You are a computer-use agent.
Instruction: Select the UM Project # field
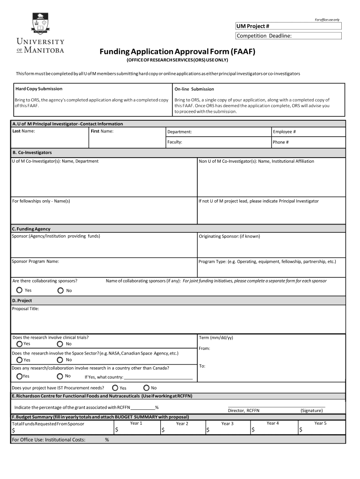pos(288,26)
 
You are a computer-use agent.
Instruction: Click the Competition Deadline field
pos(288,36)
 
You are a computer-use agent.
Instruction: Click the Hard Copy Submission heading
pos(39,88)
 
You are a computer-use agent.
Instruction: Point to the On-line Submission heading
pos(194,89)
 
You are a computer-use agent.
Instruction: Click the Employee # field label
pos(284,132)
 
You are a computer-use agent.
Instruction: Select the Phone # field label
pos(281,142)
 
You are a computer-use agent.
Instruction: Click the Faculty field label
pos(175,142)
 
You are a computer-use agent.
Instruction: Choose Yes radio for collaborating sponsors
pos(19,290)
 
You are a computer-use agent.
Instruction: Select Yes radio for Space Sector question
pos(19,360)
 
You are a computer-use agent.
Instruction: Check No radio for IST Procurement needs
pos(146,388)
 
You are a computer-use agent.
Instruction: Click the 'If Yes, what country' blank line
pos(158,377)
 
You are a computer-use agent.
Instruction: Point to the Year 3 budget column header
pos(227,424)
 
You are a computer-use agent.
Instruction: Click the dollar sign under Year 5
pos(301,430)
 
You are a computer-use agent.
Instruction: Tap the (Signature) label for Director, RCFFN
pos(311,410)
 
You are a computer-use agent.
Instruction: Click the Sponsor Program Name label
pos(36,261)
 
